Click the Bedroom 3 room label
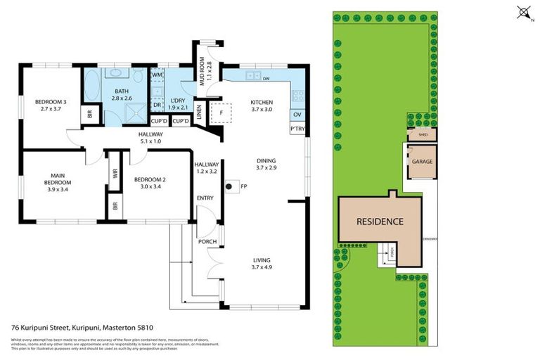pos(51,105)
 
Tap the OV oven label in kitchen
pos(297,114)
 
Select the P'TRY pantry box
pos(297,129)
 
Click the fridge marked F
pos(221,112)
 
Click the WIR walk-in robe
pos(115,173)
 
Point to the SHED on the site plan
pos(423,134)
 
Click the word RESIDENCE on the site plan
pos(380,221)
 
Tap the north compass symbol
pos(522,12)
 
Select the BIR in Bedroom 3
pos(89,113)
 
